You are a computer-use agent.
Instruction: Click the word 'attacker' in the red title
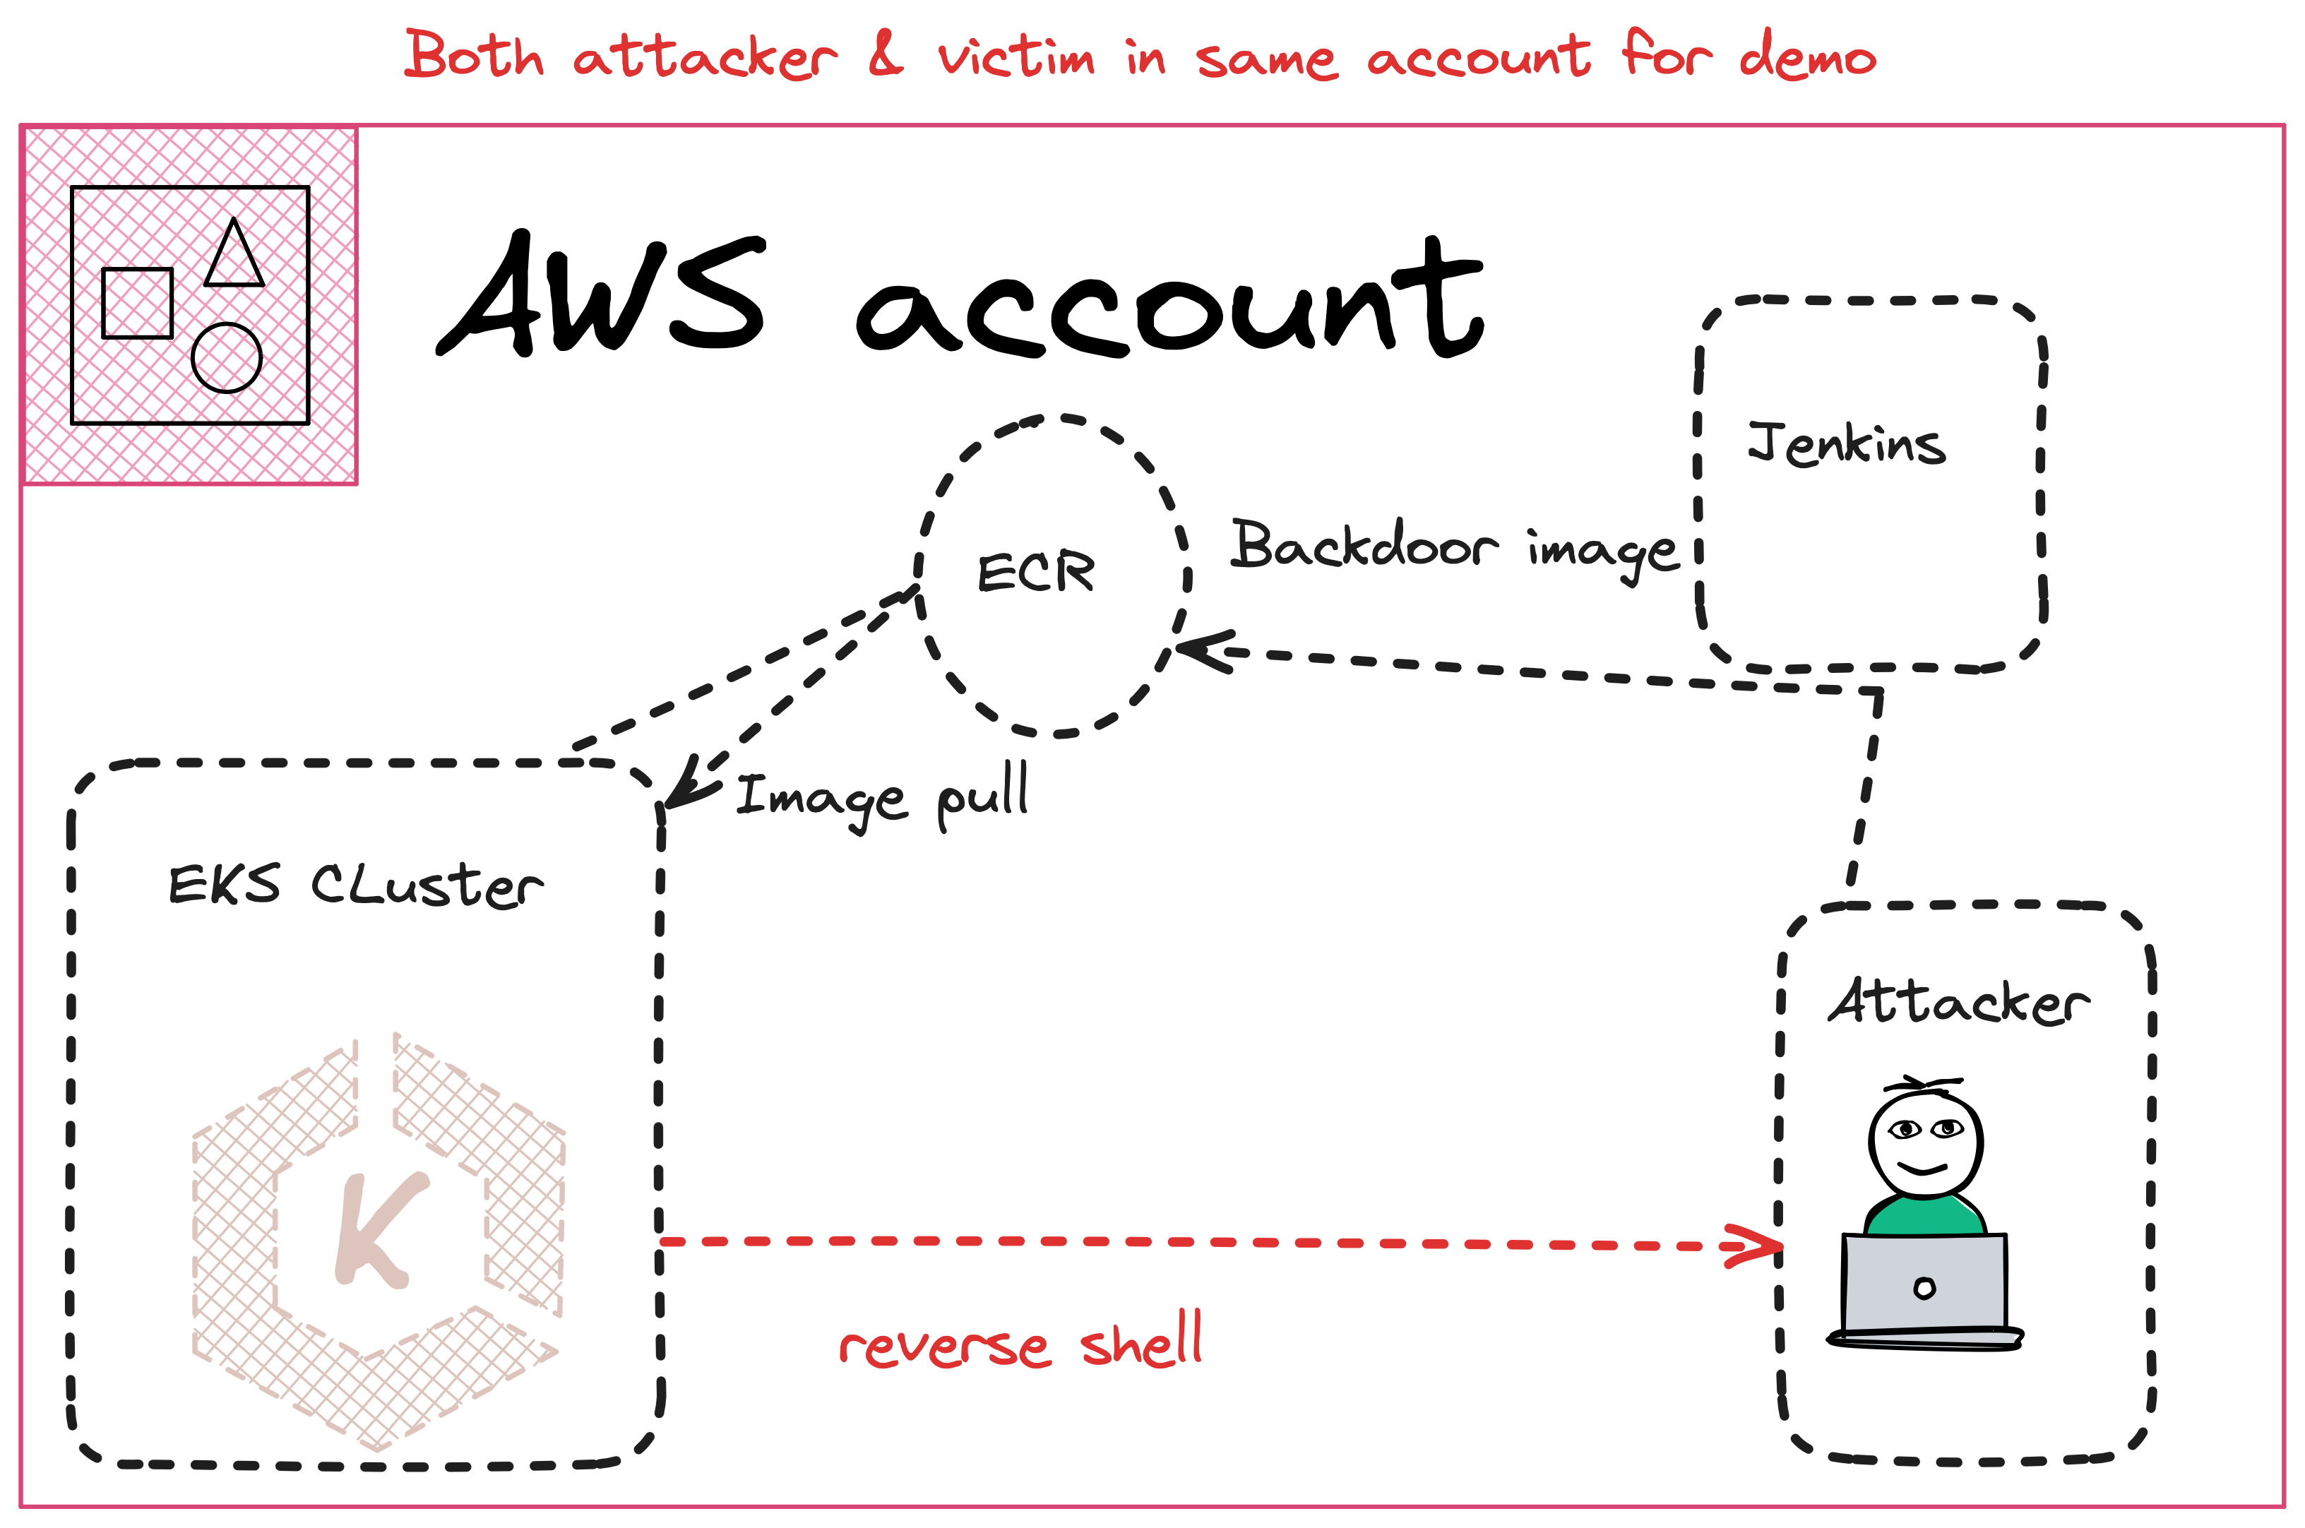click(703, 56)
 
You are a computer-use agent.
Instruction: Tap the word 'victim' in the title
click(1015, 56)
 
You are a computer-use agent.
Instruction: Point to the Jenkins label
click(1845, 444)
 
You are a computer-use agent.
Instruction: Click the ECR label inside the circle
click(1036, 573)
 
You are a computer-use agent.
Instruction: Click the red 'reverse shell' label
click(1020, 1343)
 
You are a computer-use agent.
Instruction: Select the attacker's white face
click(1925, 1142)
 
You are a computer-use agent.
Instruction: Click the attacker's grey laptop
click(1925, 1284)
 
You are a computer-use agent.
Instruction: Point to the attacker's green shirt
click(1925, 1216)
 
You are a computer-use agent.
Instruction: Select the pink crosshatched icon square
click(190, 305)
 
